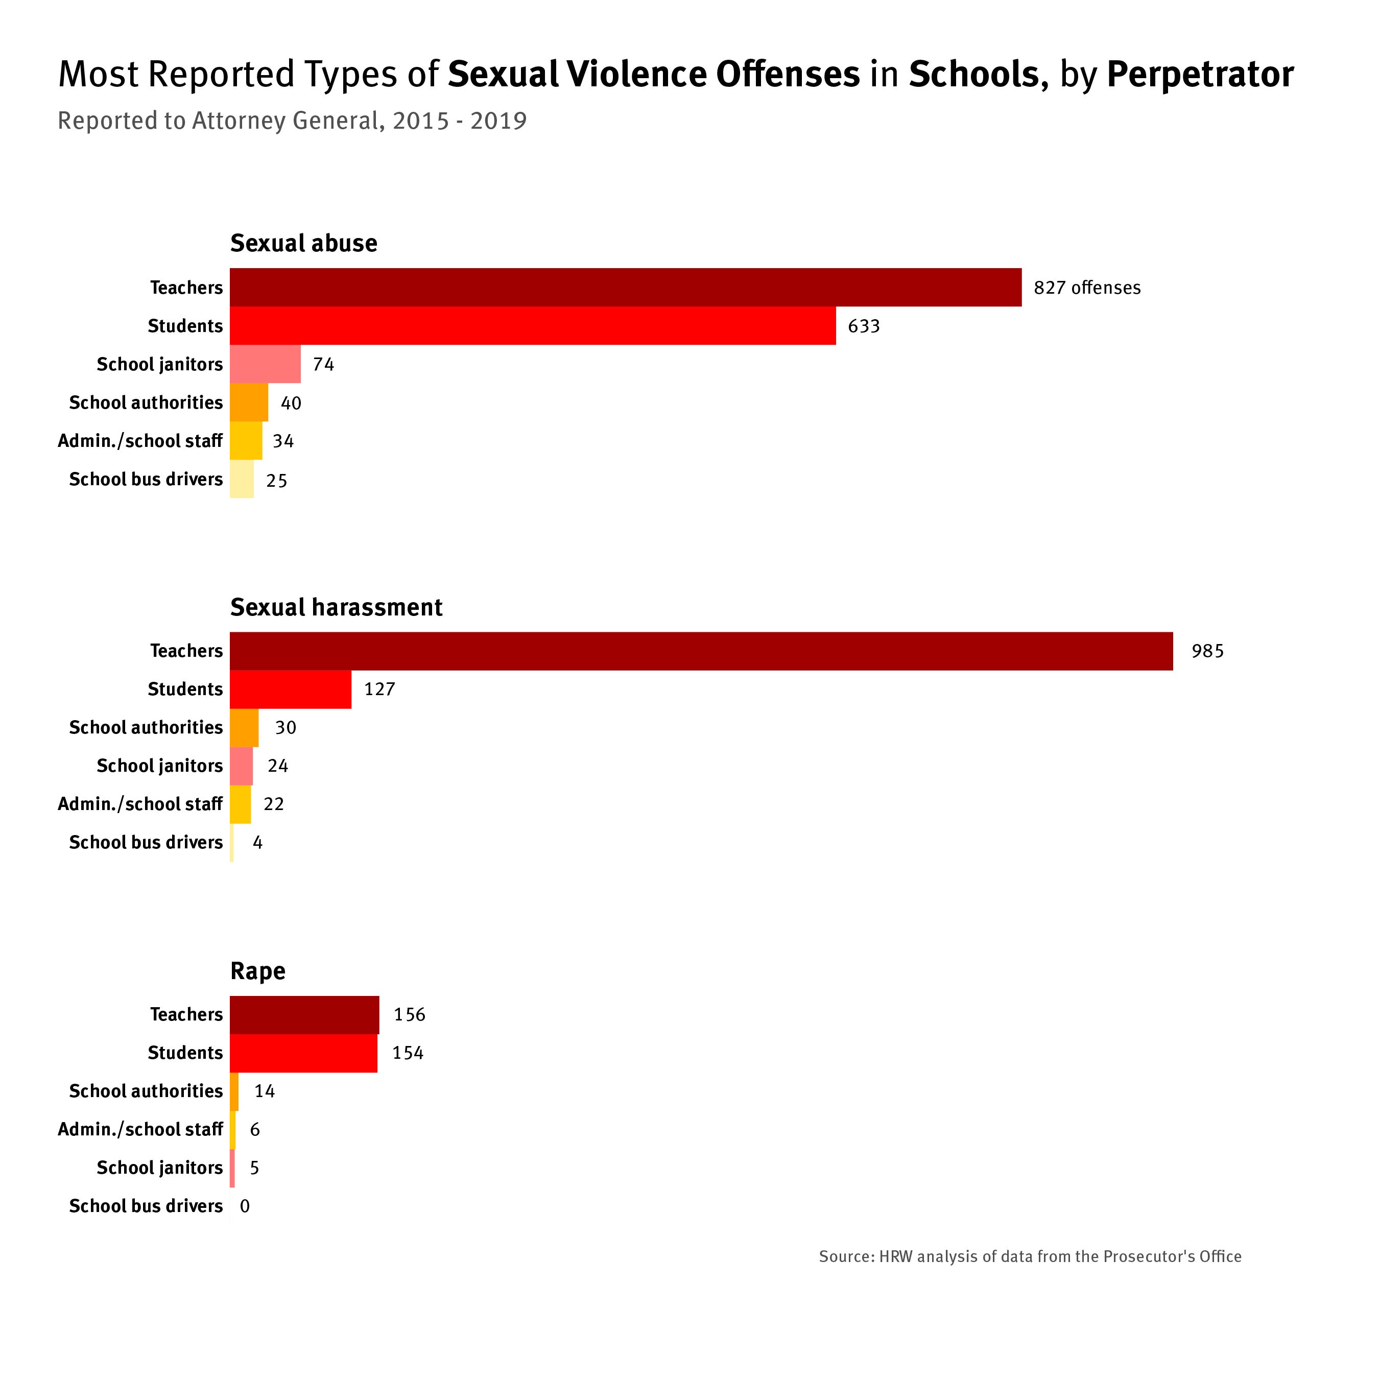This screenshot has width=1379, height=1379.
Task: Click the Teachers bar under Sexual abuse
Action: click(x=625, y=288)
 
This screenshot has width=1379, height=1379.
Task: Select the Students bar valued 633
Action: click(x=533, y=326)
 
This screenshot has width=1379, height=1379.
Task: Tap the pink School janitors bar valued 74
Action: click(x=265, y=364)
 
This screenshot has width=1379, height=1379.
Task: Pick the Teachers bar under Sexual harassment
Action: click(x=701, y=651)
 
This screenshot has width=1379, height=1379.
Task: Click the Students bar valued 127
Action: click(x=291, y=689)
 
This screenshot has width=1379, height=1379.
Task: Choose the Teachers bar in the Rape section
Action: click(x=304, y=1015)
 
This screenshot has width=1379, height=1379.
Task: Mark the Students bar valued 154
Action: click(x=303, y=1054)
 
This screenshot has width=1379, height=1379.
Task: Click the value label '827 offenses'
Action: click(x=1086, y=288)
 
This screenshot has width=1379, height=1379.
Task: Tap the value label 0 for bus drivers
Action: click(x=245, y=1206)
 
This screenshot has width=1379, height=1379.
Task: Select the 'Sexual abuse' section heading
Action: click(x=303, y=244)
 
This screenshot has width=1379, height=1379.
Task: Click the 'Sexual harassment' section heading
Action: click(x=336, y=607)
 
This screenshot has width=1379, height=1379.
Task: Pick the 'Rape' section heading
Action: click(x=258, y=971)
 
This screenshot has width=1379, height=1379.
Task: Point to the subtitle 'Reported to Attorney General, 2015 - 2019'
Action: click(x=292, y=121)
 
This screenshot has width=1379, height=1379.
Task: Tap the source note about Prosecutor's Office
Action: click(x=1030, y=1256)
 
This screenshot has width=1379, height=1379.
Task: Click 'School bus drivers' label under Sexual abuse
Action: click(x=146, y=479)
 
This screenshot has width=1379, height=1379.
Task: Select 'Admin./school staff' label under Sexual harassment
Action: click(x=140, y=804)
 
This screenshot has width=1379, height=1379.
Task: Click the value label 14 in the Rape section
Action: click(x=264, y=1091)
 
